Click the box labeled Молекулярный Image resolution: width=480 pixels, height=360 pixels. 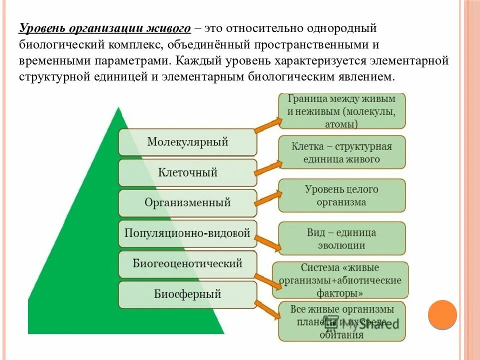pos(187,142)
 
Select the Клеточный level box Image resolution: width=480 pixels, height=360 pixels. pos(187,173)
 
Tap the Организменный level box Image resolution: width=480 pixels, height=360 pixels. pos(187,203)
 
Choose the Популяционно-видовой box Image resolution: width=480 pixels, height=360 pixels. pos(187,233)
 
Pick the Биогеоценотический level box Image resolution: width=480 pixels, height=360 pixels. pos(187,263)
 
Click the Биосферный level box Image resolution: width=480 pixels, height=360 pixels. pos(187,294)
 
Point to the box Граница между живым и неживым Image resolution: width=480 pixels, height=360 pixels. pos(342,110)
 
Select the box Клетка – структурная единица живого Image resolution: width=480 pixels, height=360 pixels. pos(342,152)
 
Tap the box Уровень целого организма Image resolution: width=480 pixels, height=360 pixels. pos(342,195)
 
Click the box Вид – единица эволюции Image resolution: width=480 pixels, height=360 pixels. pos(342,239)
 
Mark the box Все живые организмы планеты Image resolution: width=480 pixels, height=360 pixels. pos(342,322)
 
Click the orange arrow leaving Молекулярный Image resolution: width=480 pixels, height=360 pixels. pos(267,124)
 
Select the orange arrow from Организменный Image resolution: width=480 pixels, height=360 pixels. pos(267,198)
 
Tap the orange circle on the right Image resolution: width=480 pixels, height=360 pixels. pos(442,314)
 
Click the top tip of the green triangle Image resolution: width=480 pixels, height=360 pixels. pos(118,108)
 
